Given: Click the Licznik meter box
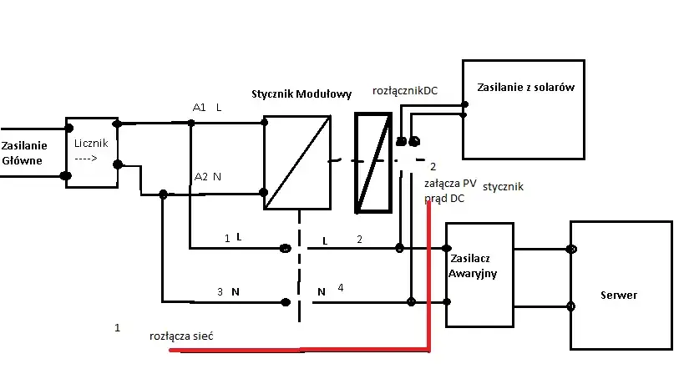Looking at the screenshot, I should (92, 152).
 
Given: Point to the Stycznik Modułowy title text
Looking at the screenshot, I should (301, 93).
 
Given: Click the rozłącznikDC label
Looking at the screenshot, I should (405, 90).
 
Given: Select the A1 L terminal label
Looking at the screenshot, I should (206, 108).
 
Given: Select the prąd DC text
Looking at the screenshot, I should (444, 199).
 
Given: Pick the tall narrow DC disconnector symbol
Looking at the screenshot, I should (372, 161).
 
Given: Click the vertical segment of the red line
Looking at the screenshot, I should (429, 275).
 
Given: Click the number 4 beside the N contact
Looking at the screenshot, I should (340, 288).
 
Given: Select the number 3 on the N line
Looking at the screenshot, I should (220, 292).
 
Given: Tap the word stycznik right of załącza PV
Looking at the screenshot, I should (503, 187).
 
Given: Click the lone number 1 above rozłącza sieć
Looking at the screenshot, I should (117, 328).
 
